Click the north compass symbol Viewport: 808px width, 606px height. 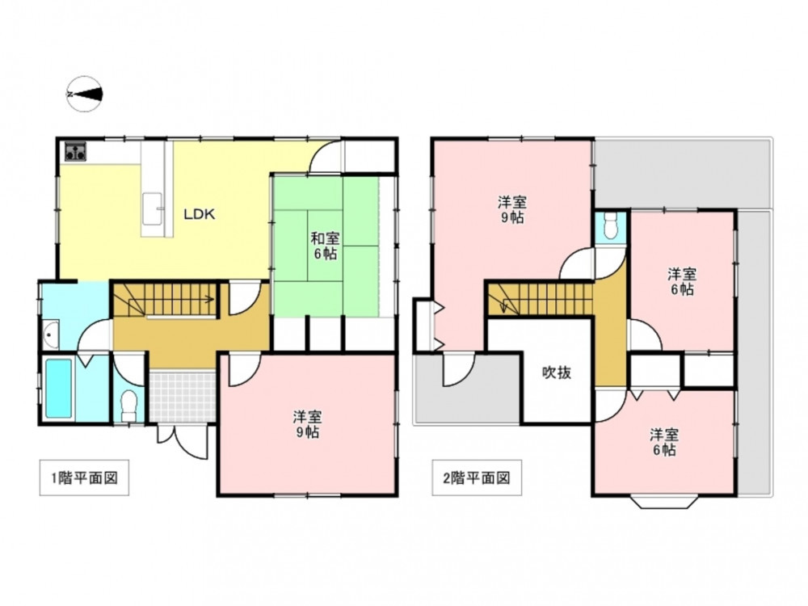[85, 94]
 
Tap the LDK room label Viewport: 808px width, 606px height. [200, 214]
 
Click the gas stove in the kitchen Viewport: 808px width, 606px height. [76, 151]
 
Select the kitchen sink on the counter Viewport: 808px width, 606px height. [153, 209]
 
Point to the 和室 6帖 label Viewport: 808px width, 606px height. [325, 246]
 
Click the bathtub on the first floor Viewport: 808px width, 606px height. [58, 389]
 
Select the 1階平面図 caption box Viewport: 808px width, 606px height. [85, 478]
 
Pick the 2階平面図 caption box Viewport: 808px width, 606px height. [477, 478]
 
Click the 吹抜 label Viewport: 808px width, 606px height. [557, 372]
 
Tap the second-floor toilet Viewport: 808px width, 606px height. [611, 226]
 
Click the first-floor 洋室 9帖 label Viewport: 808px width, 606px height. [308, 423]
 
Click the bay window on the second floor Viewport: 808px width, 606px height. [663, 502]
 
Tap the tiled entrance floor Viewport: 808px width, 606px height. [183, 396]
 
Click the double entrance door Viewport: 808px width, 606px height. [183, 442]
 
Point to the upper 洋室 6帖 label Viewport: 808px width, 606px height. [682, 281]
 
